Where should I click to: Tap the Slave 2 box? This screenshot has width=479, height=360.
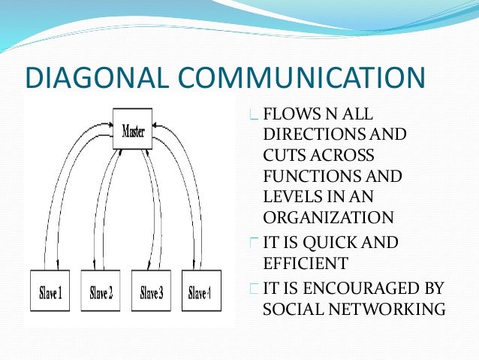pyautogui.click(x=101, y=292)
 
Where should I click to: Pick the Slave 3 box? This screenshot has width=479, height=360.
pyautogui.click(x=152, y=292)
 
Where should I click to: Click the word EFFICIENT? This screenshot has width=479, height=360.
pyautogui.click(x=306, y=263)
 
